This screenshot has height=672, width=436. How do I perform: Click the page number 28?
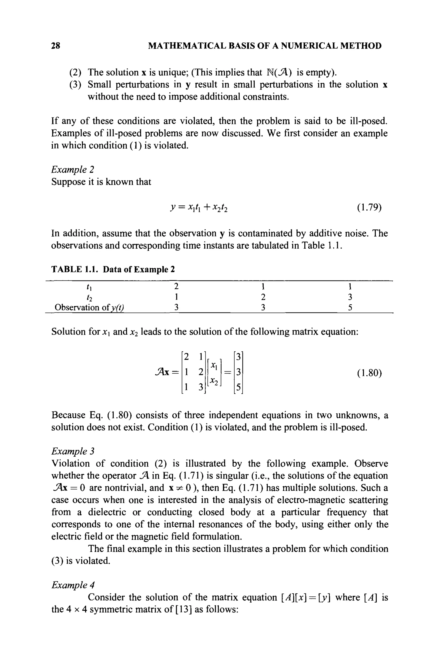56,46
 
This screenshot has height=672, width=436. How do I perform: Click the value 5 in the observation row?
350,308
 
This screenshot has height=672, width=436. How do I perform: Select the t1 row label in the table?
89,287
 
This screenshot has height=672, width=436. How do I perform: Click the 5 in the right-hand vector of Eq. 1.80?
238,388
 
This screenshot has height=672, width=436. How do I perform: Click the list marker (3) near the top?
75,85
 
